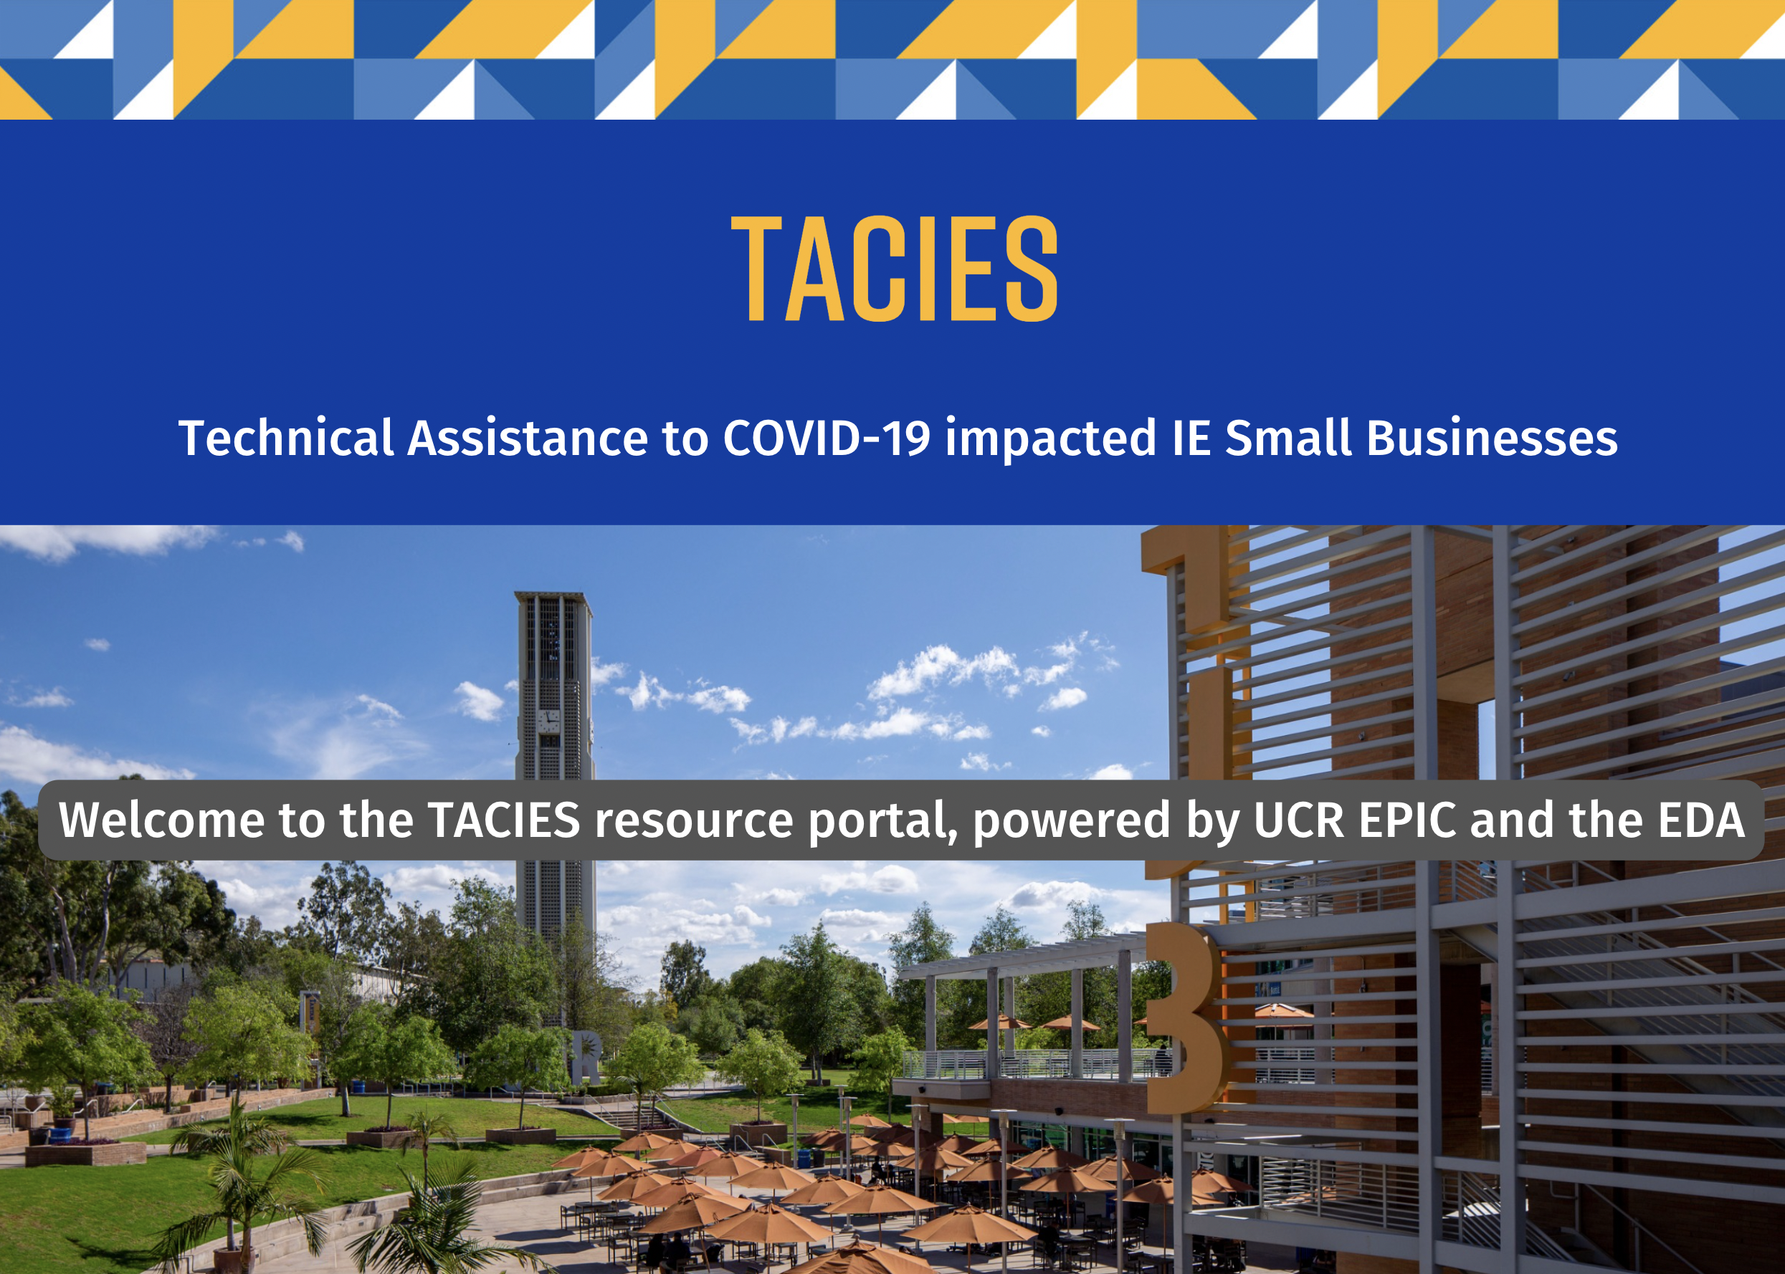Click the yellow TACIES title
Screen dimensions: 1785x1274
click(895, 268)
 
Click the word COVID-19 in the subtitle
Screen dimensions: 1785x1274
click(827, 437)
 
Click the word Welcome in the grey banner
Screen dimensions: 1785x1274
click(161, 820)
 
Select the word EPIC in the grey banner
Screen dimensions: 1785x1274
click(1408, 820)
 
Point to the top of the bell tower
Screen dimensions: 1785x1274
click(553, 594)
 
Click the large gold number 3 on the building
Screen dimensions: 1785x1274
click(1185, 1018)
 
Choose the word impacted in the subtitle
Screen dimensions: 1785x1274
click(1051, 438)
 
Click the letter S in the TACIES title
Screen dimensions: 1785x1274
click(1032, 268)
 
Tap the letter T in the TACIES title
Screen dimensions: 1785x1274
click(756, 268)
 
